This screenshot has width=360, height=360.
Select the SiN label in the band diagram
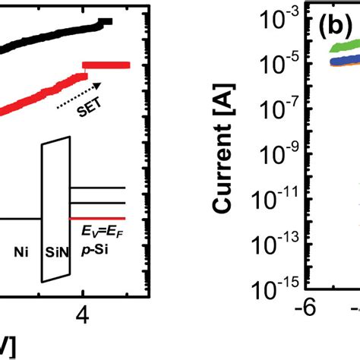(58, 248)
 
